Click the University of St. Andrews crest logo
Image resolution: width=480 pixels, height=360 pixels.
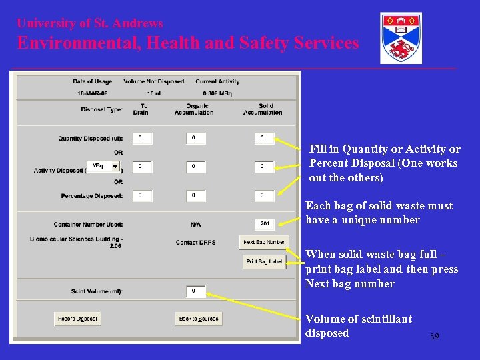[401, 38]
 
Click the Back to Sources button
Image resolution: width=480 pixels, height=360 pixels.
[198, 319]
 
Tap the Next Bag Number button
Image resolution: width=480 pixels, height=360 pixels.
[264, 242]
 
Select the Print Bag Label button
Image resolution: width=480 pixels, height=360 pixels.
[265, 261]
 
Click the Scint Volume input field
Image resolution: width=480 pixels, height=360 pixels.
[195, 291]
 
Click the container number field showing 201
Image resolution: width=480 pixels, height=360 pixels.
[265, 224]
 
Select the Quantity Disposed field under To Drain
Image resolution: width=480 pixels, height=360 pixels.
[142, 139]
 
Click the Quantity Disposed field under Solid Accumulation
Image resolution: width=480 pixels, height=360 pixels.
[265, 139]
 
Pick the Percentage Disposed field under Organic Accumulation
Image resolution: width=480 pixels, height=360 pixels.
[195, 196]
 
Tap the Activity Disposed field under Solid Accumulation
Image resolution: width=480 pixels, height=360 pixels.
[265, 166]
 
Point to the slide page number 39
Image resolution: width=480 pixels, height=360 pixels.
[434, 337]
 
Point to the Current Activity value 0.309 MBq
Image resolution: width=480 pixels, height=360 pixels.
[217, 93]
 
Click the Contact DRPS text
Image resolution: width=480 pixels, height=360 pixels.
[195, 242]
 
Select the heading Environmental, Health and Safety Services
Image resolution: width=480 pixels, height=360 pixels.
[188, 43]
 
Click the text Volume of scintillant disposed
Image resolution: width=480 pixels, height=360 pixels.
[358, 326]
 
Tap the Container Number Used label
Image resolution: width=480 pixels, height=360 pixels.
[88, 224]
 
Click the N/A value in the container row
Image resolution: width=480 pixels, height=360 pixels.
[195, 224]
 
